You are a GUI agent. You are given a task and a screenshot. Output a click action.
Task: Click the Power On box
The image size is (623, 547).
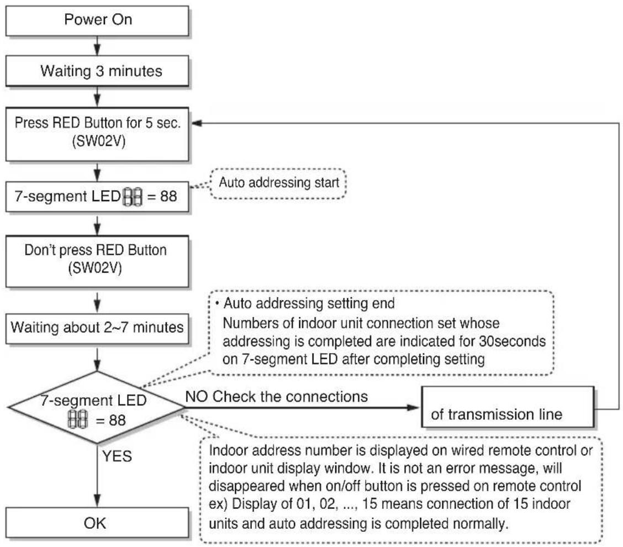point(97,20)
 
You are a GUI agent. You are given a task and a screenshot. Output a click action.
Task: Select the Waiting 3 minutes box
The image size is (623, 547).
point(97,71)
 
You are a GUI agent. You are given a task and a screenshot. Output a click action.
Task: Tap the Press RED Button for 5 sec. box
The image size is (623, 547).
point(97,134)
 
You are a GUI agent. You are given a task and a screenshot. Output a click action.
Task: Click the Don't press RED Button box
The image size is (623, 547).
point(97,261)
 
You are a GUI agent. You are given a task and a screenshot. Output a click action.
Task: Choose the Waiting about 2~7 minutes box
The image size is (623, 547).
point(97,329)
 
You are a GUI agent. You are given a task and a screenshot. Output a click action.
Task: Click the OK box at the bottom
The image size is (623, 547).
point(97,522)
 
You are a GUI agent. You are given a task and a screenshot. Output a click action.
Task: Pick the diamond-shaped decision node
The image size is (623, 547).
point(97,407)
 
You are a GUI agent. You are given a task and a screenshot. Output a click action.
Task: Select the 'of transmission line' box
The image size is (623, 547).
point(508,407)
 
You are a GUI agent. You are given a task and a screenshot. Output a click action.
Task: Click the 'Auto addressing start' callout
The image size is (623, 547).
point(278,183)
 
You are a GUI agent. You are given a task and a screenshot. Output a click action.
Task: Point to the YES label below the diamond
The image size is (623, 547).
point(117,456)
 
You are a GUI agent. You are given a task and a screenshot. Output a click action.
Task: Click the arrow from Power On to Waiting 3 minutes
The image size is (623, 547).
point(97,46)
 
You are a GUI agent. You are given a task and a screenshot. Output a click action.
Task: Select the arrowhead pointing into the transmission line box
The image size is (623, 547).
point(413,407)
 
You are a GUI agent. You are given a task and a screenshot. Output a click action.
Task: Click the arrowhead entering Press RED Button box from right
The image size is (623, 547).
point(197,123)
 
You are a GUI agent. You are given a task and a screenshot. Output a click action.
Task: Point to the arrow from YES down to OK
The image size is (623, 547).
point(97,475)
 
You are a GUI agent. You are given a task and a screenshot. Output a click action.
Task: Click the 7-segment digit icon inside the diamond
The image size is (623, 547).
point(77,419)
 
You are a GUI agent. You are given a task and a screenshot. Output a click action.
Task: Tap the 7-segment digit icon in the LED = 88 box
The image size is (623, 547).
point(133,197)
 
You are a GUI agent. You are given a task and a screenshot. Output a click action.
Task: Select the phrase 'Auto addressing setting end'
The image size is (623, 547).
point(309,303)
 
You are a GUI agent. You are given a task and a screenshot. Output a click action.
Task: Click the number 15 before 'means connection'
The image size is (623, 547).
point(369,504)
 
